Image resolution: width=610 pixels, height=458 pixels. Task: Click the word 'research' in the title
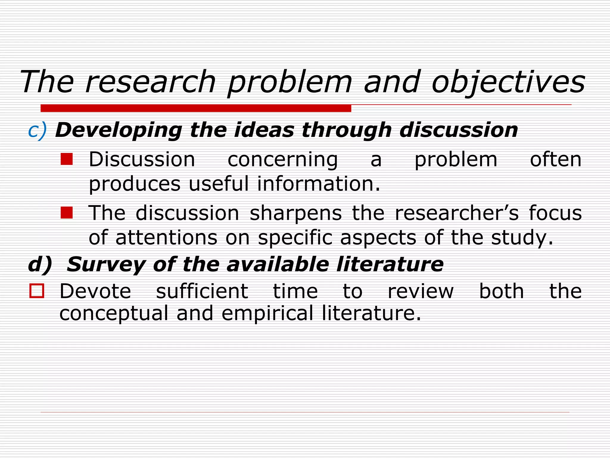pos(150,82)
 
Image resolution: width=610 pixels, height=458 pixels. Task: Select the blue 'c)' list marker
pos(38,131)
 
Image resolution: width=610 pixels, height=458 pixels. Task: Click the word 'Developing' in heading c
pos(119,131)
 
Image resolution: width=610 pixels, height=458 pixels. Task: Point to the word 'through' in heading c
pos(346,131)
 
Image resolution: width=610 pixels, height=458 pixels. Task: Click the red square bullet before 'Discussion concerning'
pos(66,159)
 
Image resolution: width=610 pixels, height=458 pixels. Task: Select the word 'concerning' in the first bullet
pos(283,160)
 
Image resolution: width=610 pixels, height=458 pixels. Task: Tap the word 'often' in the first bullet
pos(555,160)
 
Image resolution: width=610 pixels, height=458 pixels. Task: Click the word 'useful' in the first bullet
pos(219,184)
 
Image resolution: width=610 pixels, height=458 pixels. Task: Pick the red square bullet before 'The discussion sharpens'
pos(66,213)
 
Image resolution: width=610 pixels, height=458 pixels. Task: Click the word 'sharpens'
pos(295,213)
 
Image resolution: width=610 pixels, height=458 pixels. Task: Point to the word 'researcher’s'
pos(457,213)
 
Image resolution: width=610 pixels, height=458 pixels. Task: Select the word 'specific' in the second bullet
pos(295,238)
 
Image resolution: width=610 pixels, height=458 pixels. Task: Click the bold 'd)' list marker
pos(40,264)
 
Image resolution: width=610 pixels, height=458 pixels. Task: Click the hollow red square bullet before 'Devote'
pos(37,291)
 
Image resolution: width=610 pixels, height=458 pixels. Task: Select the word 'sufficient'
pos(202,291)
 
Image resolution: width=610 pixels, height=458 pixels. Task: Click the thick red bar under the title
pos(196,108)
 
